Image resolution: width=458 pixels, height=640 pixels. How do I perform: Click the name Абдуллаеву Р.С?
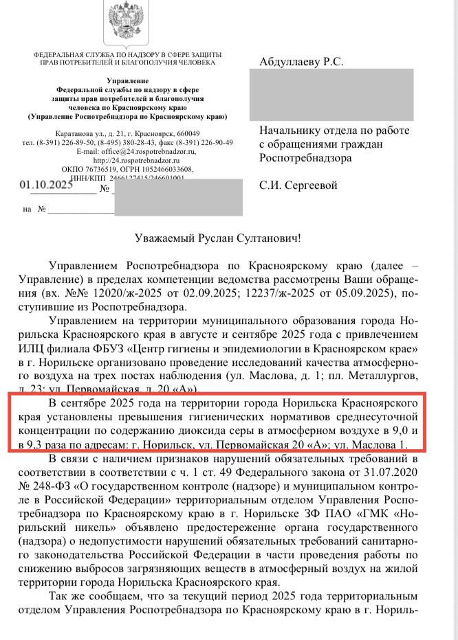[x=301, y=62]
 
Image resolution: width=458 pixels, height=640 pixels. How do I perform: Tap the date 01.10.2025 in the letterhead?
[x=46, y=185]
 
